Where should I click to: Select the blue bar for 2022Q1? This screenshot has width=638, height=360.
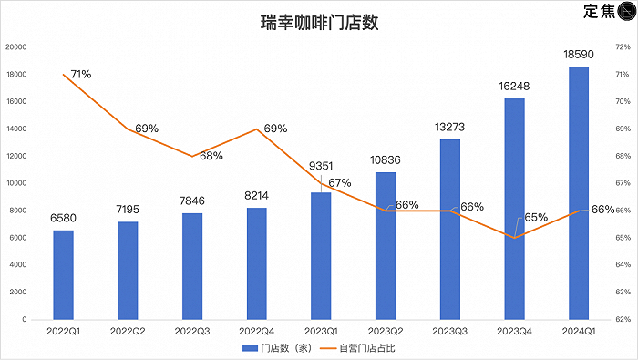(63, 274)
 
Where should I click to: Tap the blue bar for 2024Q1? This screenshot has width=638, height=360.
(579, 193)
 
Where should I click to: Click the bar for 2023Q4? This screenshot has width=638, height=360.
(514, 209)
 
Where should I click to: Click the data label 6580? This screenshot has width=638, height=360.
(63, 219)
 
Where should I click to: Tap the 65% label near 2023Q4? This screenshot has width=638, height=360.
(536, 218)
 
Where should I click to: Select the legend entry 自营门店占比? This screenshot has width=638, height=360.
(368, 348)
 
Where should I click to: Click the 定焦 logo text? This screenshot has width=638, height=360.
(598, 12)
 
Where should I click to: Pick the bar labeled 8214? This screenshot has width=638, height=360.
(256, 263)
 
